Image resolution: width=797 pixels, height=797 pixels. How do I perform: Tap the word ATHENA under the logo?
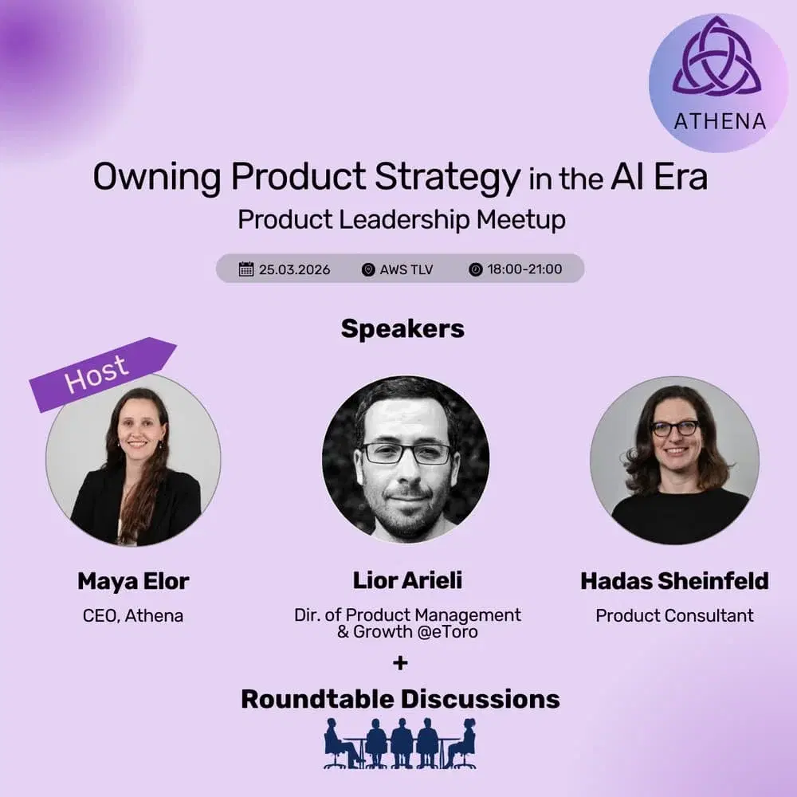tap(720, 121)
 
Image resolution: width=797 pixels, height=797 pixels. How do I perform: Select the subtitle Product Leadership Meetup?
tap(401, 219)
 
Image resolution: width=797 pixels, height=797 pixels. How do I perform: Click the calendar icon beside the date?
tap(246, 269)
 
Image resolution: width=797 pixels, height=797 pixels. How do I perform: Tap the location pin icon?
tap(367, 269)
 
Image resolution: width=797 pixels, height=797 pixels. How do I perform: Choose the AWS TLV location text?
tap(406, 269)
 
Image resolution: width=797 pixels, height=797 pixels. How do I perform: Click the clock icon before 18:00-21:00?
tap(475, 269)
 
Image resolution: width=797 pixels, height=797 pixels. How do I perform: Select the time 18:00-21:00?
tap(526, 269)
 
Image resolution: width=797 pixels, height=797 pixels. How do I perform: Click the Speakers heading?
tap(402, 328)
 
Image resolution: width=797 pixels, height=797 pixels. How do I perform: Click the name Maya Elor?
tap(133, 582)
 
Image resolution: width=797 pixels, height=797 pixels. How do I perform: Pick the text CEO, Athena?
tap(133, 616)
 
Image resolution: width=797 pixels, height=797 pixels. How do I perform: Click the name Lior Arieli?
tap(406, 581)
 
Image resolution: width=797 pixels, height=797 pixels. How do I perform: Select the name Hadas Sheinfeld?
tap(674, 581)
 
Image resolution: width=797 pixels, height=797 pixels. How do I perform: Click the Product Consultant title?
tap(674, 616)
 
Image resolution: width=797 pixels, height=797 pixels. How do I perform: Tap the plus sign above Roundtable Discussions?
tap(401, 662)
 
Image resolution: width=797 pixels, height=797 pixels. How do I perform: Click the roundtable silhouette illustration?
tap(400, 743)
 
